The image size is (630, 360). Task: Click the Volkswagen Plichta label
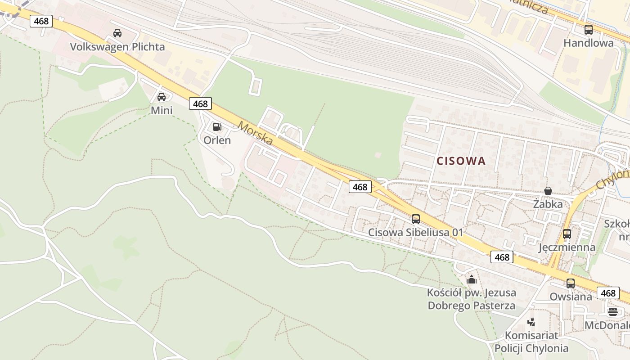click(x=117, y=47)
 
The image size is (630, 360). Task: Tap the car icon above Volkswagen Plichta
click(x=117, y=33)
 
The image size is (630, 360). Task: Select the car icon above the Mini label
click(x=162, y=97)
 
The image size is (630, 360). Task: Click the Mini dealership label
click(x=162, y=110)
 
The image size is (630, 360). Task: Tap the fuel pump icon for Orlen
click(x=217, y=127)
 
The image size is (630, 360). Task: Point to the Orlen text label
click(x=217, y=140)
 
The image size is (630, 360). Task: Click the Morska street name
click(x=256, y=133)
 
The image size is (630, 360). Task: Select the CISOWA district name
click(x=461, y=161)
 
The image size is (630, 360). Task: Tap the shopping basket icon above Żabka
click(x=548, y=191)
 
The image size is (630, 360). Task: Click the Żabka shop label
click(x=548, y=204)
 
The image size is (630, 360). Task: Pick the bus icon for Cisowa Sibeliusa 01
click(x=416, y=219)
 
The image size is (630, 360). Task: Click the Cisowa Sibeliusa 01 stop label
click(x=416, y=232)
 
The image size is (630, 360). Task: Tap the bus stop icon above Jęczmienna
click(x=567, y=234)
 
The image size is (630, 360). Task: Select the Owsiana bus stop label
click(x=571, y=297)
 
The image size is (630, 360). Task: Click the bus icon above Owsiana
click(x=571, y=283)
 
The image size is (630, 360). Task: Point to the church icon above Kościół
click(x=472, y=280)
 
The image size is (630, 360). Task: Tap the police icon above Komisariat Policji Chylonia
click(x=531, y=322)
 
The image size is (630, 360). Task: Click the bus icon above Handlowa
click(x=589, y=30)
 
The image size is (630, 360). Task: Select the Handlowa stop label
click(x=589, y=43)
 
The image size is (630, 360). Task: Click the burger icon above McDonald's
click(x=613, y=311)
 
